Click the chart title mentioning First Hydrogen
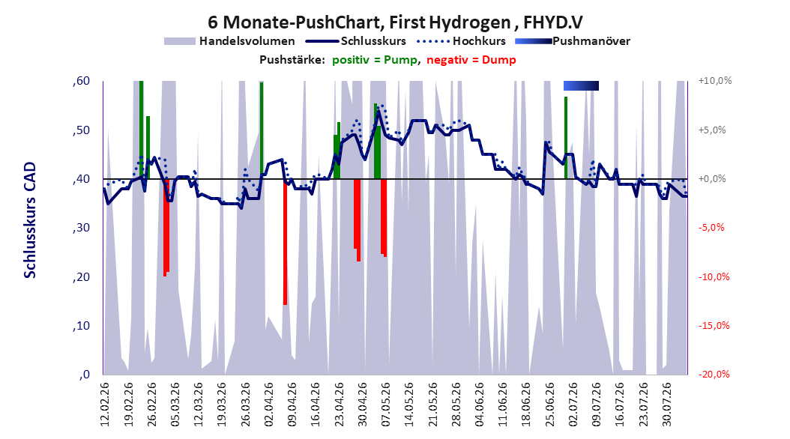point(396,22)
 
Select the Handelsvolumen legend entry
point(229,41)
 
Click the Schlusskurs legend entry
point(356,41)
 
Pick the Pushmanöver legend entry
point(573,41)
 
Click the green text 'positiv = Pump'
point(374,60)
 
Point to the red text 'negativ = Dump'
point(471,60)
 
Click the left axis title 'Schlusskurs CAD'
point(30,219)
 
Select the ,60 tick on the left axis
point(81,81)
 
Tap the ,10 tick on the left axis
point(81,326)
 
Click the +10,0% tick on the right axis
point(715,81)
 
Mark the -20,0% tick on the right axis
point(714,374)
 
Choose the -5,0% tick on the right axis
point(711,228)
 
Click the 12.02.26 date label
point(105,405)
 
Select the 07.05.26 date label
point(385,405)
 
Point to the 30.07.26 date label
point(666,405)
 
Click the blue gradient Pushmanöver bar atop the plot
point(581,85)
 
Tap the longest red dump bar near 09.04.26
point(285,242)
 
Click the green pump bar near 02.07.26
point(566,137)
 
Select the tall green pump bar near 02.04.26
point(262,130)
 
